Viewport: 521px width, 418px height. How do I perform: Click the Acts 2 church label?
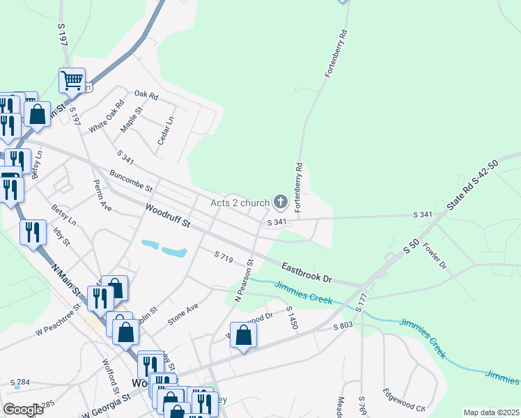(x=240, y=203)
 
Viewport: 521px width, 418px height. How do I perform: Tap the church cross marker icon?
(x=281, y=203)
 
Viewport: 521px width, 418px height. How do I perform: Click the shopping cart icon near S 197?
(x=72, y=81)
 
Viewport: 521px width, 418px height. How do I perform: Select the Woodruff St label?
(x=167, y=215)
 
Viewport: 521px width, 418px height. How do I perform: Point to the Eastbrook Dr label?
(x=309, y=271)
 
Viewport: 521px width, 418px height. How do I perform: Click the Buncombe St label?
(x=131, y=182)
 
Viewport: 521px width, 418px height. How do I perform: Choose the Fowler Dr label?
(x=434, y=256)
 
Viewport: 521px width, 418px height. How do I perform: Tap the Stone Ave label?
(x=182, y=314)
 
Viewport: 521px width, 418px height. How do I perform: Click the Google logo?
(x=23, y=410)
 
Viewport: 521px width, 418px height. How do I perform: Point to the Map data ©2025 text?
(x=490, y=412)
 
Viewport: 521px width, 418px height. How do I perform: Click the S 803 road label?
(x=343, y=326)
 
